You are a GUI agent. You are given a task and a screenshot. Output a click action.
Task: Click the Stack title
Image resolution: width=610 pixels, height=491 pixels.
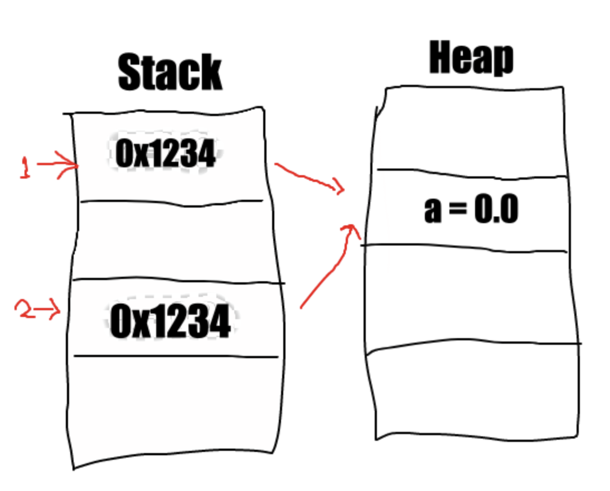(x=170, y=73)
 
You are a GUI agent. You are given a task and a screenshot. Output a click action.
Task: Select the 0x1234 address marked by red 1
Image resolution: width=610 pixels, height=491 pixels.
(x=165, y=153)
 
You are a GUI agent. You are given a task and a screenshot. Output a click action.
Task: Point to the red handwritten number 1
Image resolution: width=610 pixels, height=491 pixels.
(x=25, y=167)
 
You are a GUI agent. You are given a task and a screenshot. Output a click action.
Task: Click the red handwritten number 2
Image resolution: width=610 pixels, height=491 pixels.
(x=25, y=310)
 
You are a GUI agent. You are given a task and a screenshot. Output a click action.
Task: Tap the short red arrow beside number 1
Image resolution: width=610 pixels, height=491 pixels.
(x=59, y=165)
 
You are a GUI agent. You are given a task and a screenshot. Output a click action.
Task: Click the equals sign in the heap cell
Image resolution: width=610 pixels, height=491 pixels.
(x=456, y=211)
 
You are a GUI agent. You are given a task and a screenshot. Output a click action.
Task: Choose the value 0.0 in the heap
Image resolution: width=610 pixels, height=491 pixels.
(x=495, y=210)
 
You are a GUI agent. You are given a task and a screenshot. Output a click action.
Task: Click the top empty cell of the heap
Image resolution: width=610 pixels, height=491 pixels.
(x=471, y=131)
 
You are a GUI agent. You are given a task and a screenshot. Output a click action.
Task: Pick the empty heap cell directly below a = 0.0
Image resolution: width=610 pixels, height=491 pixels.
(x=471, y=296)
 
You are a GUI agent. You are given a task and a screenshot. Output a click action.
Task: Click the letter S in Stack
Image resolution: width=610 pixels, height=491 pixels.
(x=130, y=73)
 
